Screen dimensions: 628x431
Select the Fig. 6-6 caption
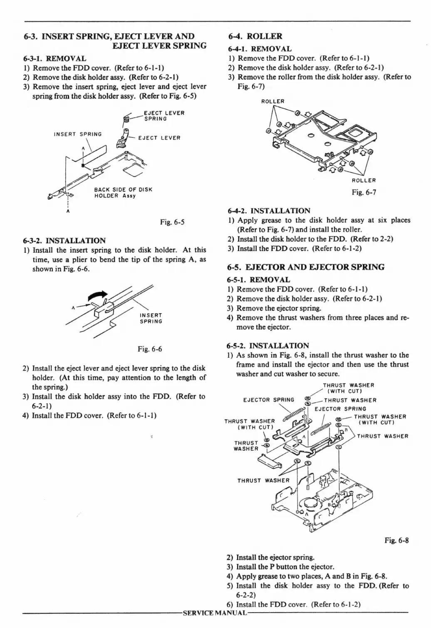(150, 349)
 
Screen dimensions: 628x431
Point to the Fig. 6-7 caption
(364, 193)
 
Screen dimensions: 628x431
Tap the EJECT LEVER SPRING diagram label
(163, 116)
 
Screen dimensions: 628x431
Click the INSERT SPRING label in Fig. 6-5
(78, 134)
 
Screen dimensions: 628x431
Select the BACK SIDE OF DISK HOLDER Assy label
(123, 192)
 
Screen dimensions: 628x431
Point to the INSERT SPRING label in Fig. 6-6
(151, 318)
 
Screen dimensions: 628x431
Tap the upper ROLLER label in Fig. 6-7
(272, 101)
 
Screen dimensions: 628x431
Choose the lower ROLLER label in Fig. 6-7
(364, 180)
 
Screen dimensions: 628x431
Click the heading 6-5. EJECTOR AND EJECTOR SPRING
(306, 267)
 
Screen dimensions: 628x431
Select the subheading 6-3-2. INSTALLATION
(64, 240)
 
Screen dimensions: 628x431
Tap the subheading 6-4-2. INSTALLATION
(269, 211)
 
